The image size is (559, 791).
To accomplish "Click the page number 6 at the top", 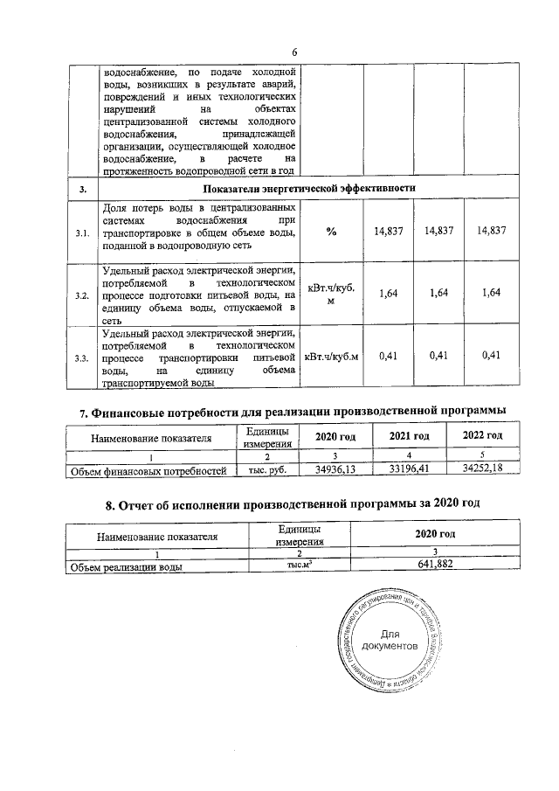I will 294,52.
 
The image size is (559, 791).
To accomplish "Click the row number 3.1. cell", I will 81,232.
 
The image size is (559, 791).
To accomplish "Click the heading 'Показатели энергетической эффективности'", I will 308,188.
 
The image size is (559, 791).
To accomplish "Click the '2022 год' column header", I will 481,436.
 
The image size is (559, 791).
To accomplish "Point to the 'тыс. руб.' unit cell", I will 262,471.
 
